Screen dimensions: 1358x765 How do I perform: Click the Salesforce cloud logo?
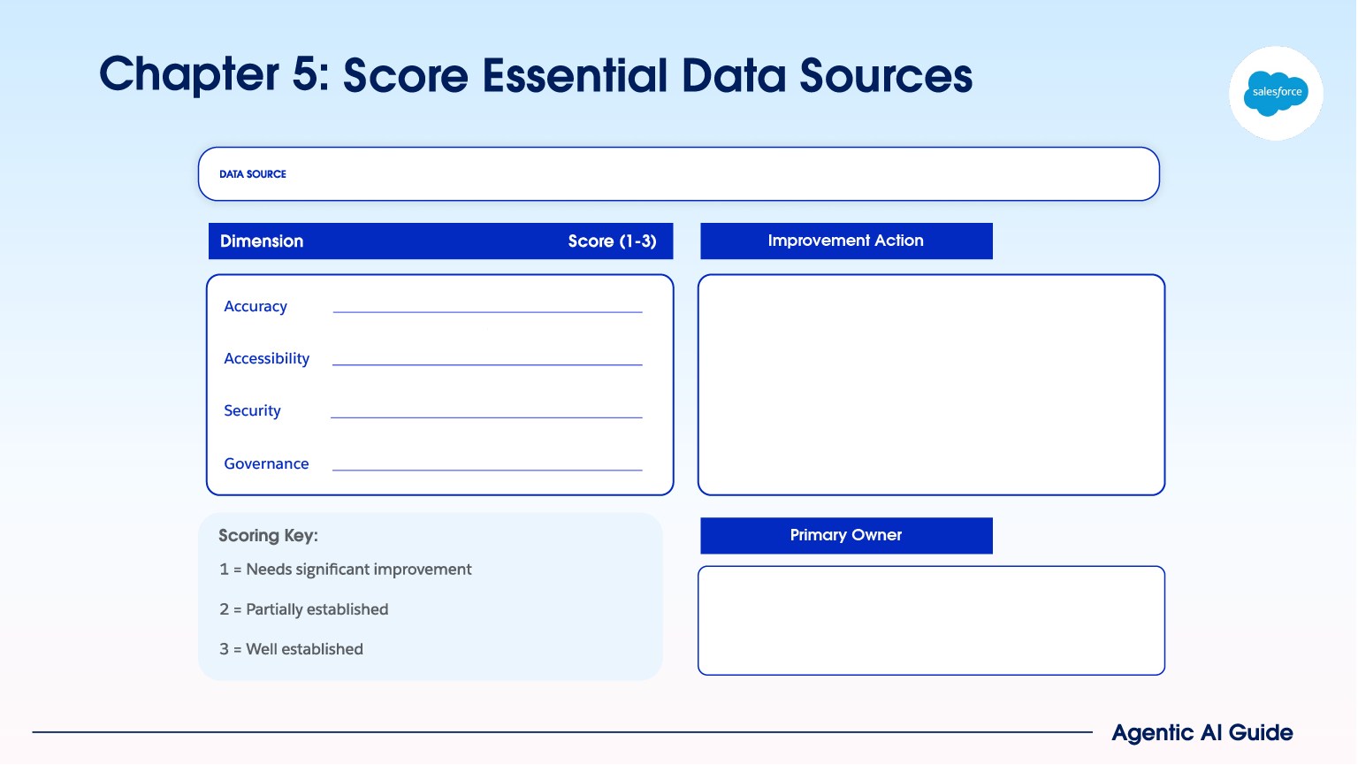coord(1275,93)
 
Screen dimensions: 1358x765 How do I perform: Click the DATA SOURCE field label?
coord(253,174)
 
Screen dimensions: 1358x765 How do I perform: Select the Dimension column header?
coord(262,241)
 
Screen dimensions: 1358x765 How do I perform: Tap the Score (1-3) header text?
coord(612,241)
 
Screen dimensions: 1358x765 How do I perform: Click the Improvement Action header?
coord(846,241)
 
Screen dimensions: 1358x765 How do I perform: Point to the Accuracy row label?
coord(256,306)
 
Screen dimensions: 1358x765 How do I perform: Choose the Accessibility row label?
coord(267,358)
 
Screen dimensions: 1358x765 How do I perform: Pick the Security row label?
coord(252,410)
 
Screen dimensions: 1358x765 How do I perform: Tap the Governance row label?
coord(266,463)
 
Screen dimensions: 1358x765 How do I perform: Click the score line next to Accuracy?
coord(487,312)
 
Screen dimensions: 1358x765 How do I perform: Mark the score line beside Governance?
coord(487,470)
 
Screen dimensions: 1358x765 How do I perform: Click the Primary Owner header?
coord(846,535)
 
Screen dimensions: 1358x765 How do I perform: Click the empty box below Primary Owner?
coord(931,620)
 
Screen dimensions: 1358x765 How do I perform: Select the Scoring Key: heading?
coord(268,535)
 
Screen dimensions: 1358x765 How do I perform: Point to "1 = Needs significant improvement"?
coord(345,570)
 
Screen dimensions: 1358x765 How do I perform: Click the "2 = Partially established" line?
coord(304,609)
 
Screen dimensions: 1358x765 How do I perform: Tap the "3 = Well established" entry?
coord(291,649)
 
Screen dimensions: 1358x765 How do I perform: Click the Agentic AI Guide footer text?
coord(1202,733)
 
